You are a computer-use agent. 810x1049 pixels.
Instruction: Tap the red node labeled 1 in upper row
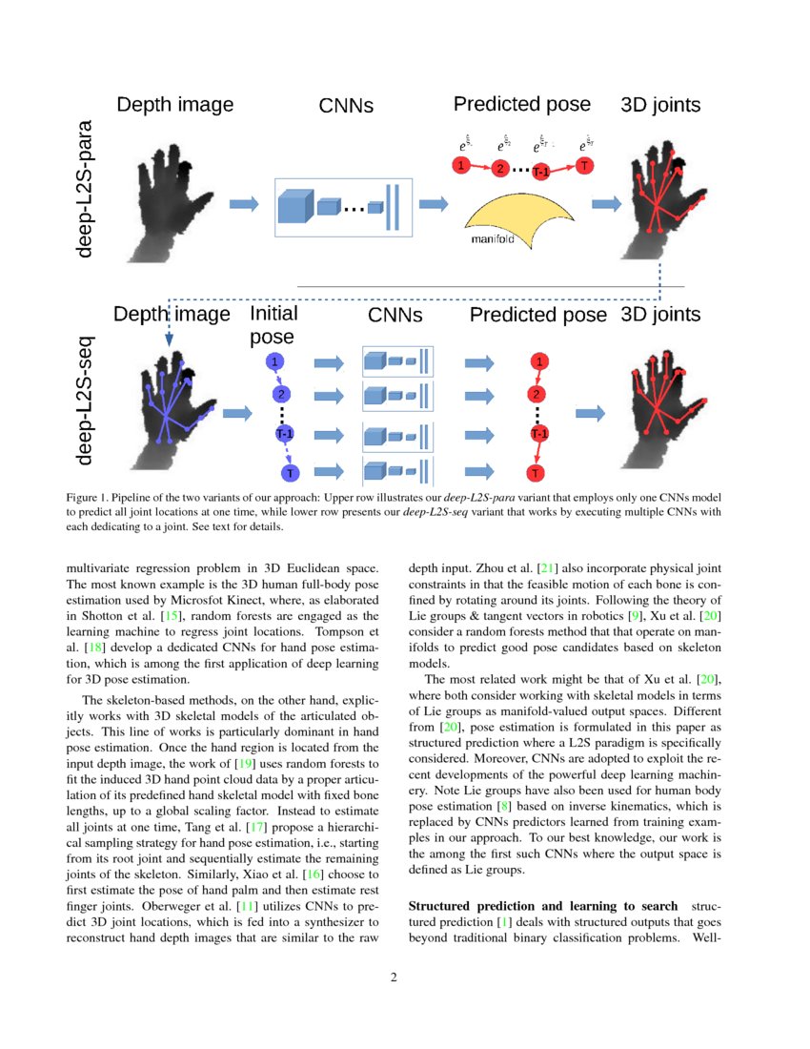coord(461,166)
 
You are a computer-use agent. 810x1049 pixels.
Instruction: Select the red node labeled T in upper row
coord(583,166)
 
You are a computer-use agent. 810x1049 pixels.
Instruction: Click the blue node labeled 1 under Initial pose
coord(275,362)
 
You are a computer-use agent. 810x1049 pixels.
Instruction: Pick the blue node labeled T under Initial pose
coord(288,473)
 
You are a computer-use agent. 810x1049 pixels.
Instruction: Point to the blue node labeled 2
coord(280,394)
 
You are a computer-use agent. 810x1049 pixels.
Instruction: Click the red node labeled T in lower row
coord(537,473)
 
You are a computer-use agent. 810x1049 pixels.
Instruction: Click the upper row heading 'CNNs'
coord(346,106)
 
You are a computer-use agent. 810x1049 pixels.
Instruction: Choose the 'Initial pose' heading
coord(273,324)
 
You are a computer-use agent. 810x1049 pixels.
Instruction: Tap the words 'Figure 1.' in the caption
coord(89,498)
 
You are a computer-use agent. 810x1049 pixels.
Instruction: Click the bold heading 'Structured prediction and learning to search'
coord(542,905)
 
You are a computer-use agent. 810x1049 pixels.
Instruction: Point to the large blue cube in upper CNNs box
coord(295,206)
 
